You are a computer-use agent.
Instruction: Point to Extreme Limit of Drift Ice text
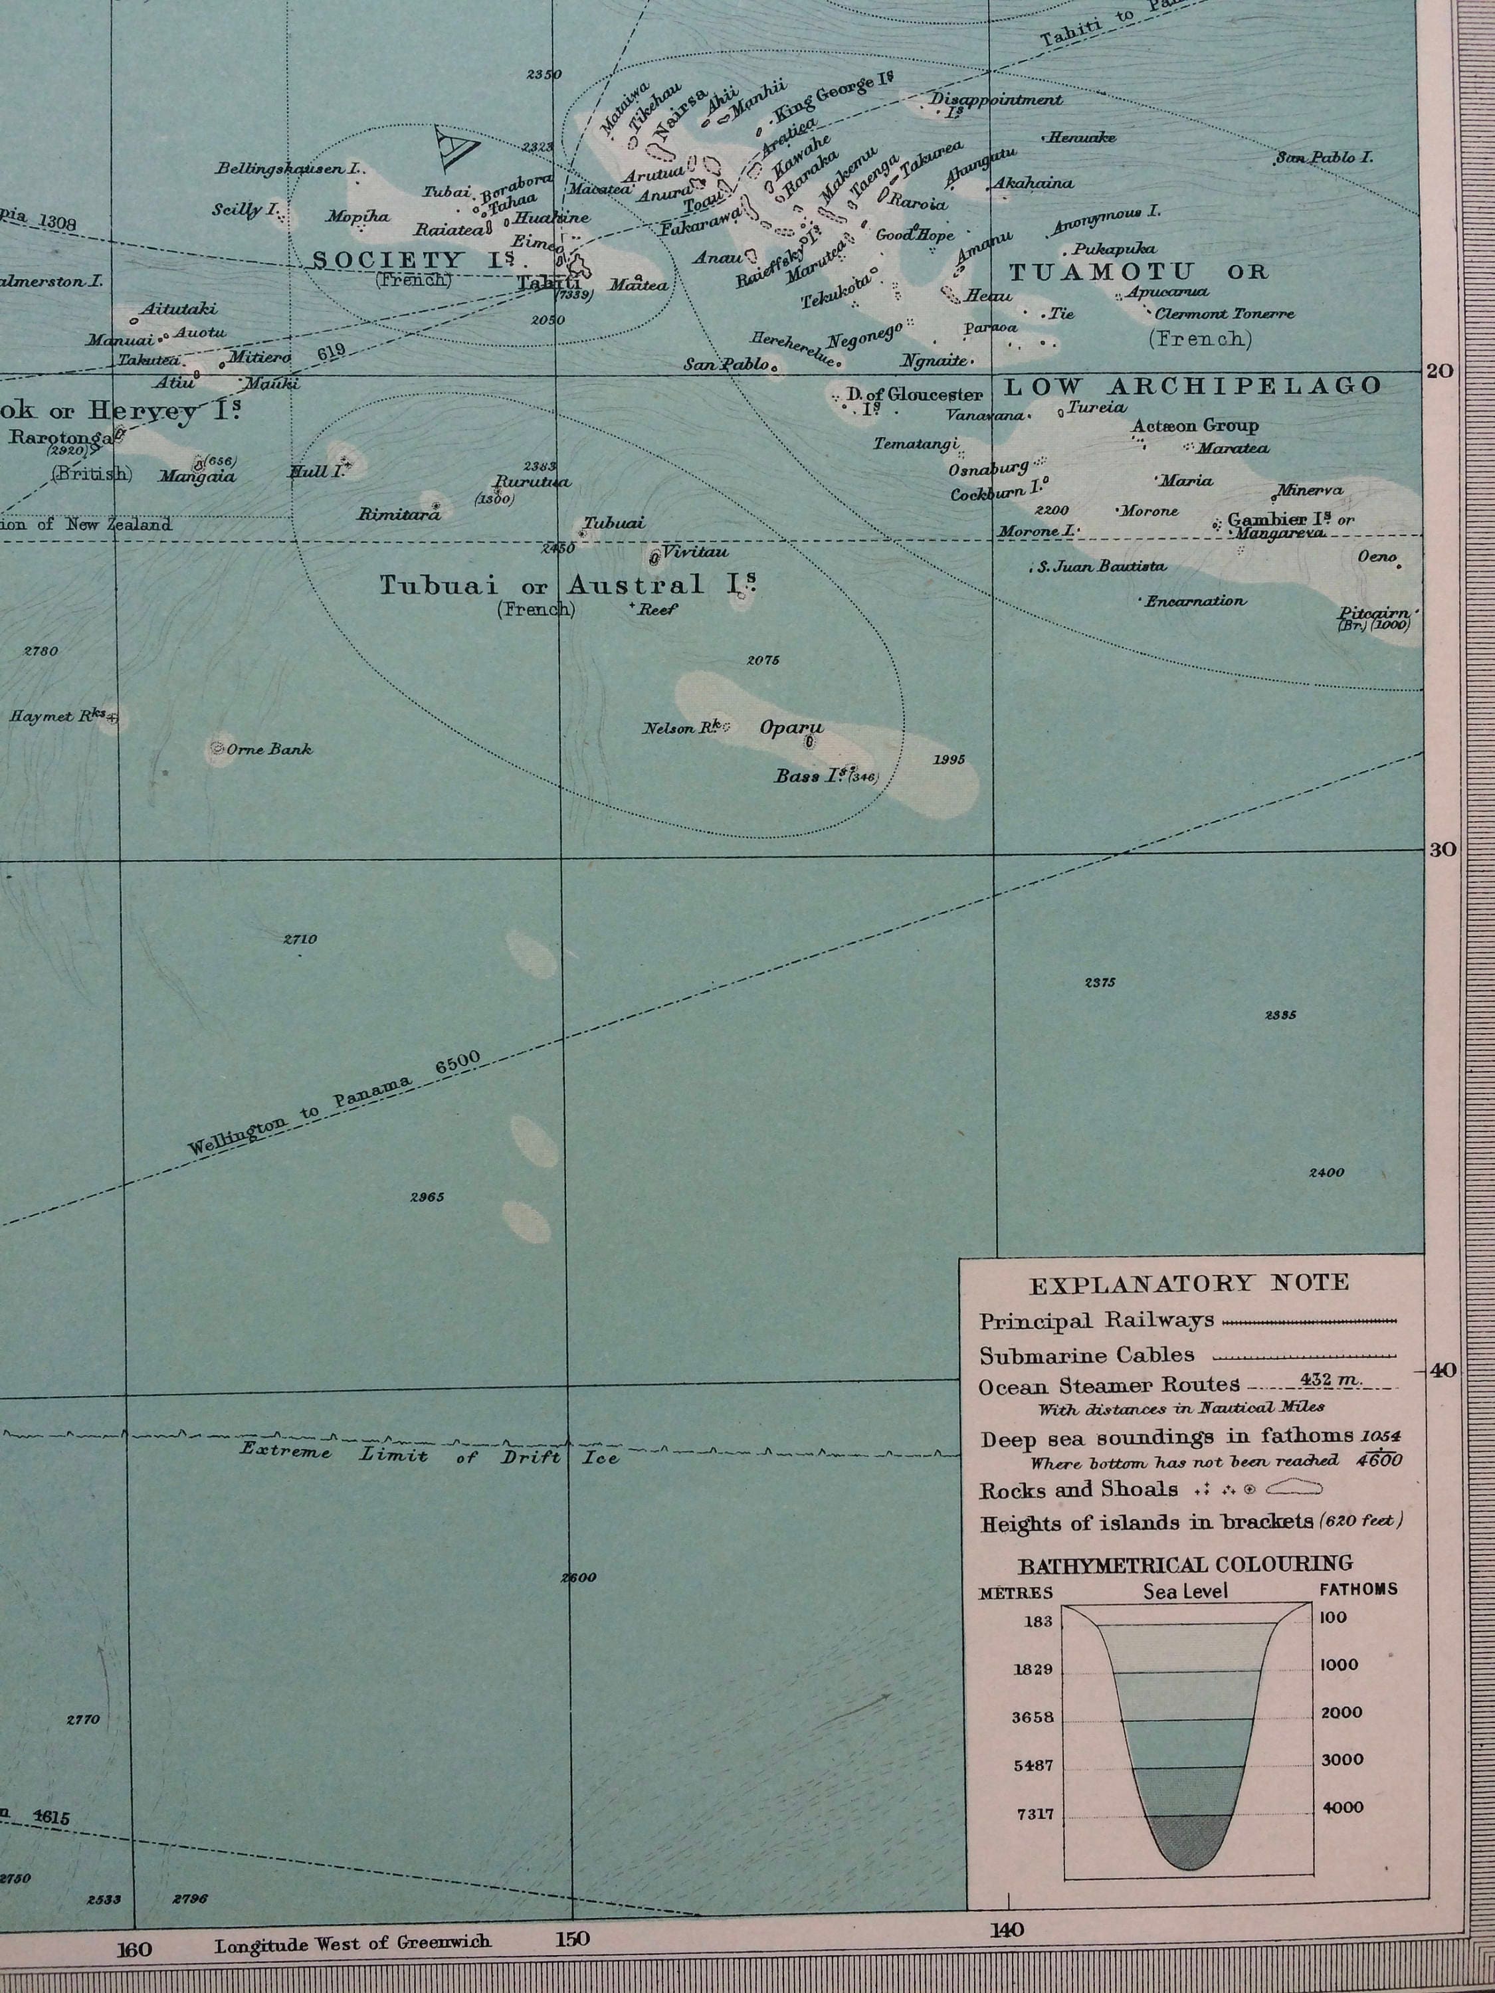[x=430, y=1454]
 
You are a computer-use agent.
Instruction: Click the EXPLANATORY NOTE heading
[x=1189, y=1283]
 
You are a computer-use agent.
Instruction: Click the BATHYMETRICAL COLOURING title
[x=1185, y=1563]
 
